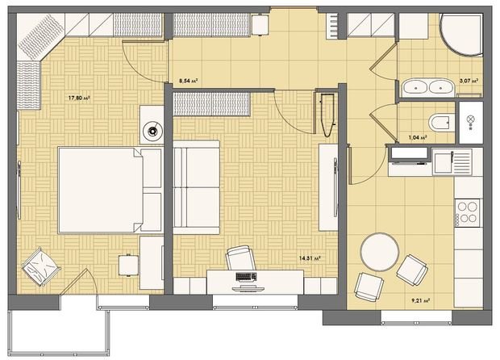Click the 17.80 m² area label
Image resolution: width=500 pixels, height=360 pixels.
click(78, 98)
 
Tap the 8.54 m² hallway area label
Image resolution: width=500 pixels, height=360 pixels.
click(187, 81)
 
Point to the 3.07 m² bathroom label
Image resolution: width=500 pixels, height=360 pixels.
click(469, 81)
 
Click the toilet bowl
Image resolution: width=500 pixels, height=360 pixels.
click(440, 122)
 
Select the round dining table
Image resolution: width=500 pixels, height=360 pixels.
click(378, 252)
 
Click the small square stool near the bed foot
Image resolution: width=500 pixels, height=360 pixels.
click(127, 264)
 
